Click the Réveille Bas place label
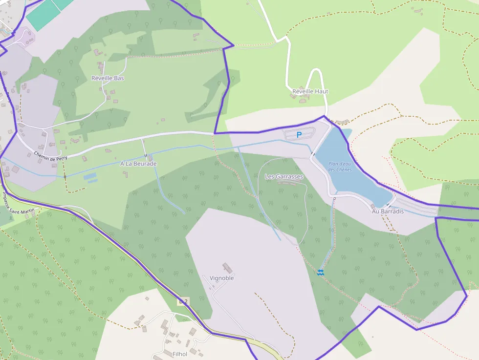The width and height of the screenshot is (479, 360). point(108,78)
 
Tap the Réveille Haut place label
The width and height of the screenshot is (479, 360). point(310,91)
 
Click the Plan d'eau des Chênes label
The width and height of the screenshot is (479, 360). point(340,167)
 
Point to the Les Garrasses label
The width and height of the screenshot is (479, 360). point(284,176)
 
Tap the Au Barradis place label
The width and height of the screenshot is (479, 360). point(388,212)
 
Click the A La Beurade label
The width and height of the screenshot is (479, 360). point(138,164)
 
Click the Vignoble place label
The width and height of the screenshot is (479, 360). point(221,278)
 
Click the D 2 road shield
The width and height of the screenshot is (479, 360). point(183,301)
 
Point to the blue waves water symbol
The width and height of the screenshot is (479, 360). point(320,272)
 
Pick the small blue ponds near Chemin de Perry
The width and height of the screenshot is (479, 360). point(90,177)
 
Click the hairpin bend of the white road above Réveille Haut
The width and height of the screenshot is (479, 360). point(316,71)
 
